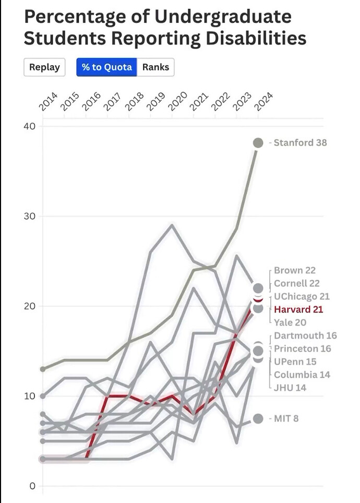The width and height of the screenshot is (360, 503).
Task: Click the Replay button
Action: pos(44,67)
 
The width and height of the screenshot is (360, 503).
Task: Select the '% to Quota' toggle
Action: pos(107,67)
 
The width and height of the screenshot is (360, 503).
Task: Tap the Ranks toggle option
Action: pos(155,67)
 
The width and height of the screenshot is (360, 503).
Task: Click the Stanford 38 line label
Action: pos(301,142)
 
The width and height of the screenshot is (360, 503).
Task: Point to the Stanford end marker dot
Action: pos(258,143)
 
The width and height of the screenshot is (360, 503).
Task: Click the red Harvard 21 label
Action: pos(298,309)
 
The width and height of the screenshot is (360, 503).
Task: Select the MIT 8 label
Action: pos(286,418)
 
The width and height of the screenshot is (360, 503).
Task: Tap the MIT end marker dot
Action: pos(258,418)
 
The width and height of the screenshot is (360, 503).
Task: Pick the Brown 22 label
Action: pos(295,270)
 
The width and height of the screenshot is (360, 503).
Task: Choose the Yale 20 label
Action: pos(290,322)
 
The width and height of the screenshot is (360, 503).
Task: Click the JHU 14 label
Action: pos(290,388)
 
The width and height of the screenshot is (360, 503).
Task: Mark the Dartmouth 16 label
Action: pos(305,336)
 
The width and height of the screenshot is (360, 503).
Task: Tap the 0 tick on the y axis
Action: pos(32,486)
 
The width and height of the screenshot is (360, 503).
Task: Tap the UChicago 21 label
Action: pos(302,296)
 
